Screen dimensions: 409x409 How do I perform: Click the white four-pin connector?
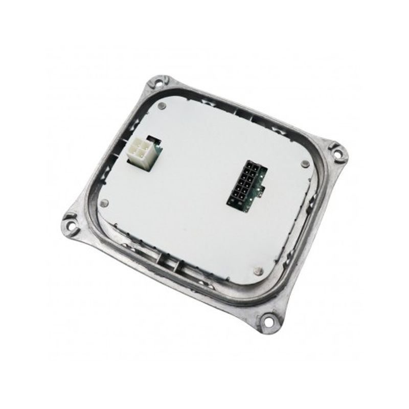[x=139, y=151]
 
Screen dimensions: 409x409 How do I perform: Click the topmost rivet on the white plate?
[x=162, y=106]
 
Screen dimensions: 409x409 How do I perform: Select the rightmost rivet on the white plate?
[x=305, y=164]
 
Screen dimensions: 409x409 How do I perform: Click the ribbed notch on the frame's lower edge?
[x=169, y=261]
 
